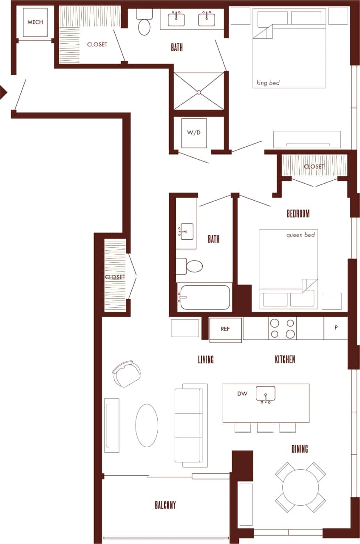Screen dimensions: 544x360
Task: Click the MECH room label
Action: point(35,22)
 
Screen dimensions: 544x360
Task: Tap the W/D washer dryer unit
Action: point(194,133)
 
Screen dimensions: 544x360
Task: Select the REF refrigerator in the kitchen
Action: point(226,329)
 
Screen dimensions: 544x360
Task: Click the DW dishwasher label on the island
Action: point(242,394)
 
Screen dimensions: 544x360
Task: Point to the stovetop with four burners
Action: point(282,329)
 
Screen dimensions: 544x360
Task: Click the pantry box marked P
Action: point(336,328)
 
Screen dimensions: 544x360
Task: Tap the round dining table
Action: point(300,487)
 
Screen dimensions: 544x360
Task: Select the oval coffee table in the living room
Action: point(147,425)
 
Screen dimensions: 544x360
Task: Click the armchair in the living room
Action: point(127,374)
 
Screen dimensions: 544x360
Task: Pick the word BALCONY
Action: point(165,505)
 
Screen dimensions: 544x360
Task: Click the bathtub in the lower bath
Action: point(204,297)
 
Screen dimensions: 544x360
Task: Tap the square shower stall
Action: point(198,91)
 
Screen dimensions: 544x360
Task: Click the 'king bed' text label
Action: point(268,83)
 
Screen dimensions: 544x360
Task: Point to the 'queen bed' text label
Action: point(300,235)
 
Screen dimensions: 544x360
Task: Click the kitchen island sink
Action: point(266,394)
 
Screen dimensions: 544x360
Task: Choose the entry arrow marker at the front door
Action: point(3,92)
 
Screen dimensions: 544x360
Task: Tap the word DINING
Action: point(300,449)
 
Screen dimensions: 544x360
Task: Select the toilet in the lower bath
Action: point(191,266)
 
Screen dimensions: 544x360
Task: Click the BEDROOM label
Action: point(298,214)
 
